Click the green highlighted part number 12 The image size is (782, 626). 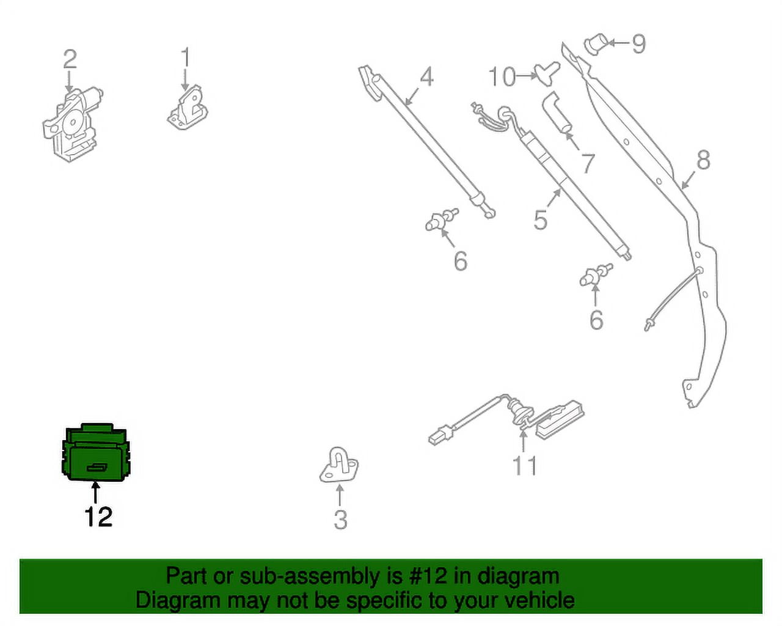coord(97,452)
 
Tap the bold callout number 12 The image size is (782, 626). coord(98,517)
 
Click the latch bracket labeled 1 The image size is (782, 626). coord(188,108)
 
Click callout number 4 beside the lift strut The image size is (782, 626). coord(426,77)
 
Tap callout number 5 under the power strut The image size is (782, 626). coord(540,219)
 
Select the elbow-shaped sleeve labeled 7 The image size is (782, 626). coord(557,114)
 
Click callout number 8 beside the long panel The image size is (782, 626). coord(703,160)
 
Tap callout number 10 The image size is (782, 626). coord(502,77)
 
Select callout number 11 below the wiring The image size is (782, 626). coord(524,466)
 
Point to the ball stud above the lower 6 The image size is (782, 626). coord(596,275)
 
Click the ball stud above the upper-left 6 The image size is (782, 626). coord(442,220)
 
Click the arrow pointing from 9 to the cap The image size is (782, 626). coord(619,43)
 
